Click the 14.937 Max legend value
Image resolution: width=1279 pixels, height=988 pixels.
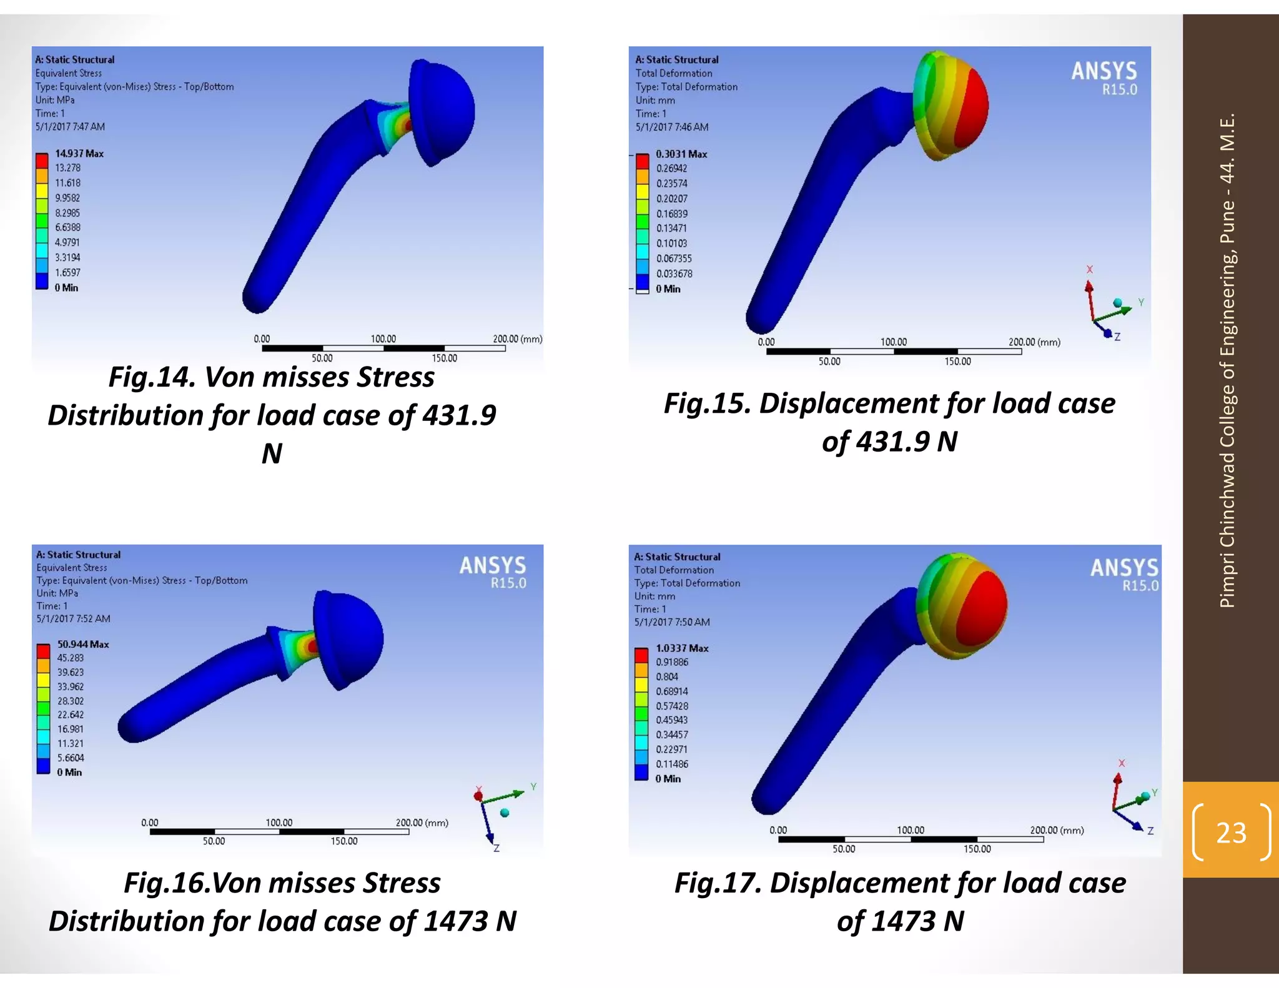pyautogui.click(x=79, y=154)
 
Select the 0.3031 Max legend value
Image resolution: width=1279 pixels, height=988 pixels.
pyautogui.click(x=681, y=154)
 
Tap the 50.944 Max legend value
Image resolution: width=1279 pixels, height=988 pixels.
pyautogui.click(x=83, y=644)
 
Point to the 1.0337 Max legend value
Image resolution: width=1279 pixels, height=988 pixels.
pyautogui.click(x=682, y=648)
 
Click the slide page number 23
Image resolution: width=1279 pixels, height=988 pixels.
pyautogui.click(x=1231, y=832)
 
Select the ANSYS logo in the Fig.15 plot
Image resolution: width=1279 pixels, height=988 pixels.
pyautogui.click(x=1104, y=77)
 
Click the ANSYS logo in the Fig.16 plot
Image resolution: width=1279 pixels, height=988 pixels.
pyautogui.click(x=493, y=571)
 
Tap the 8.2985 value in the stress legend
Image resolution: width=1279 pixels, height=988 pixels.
pyautogui.click(x=67, y=213)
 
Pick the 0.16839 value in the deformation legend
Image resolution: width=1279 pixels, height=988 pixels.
pyautogui.click(x=672, y=214)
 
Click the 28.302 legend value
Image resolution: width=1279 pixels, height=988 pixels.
pyautogui.click(x=71, y=701)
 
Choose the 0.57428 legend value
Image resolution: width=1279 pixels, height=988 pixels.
pyautogui.click(x=672, y=706)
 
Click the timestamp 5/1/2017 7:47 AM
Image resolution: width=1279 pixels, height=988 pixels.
pyautogui.click(x=70, y=127)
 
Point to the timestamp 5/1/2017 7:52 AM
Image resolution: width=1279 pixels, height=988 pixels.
pyautogui.click(x=73, y=619)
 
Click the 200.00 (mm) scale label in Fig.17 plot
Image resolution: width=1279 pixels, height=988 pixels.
pyautogui.click(x=1057, y=830)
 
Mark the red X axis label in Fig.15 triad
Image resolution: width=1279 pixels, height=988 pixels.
pyautogui.click(x=1089, y=269)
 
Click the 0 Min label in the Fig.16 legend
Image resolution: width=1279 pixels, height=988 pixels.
pyautogui.click(x=69, y=773)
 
